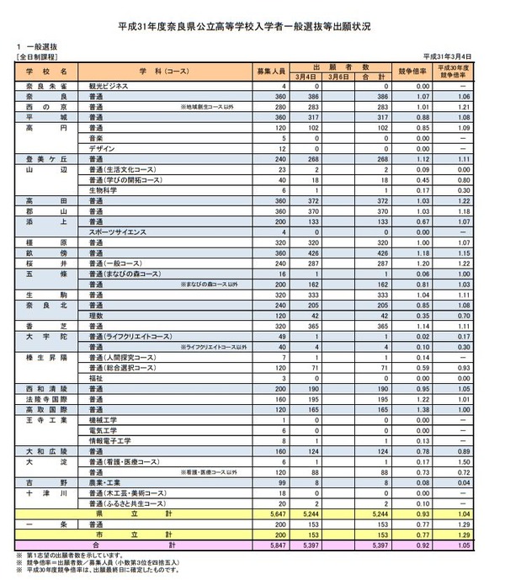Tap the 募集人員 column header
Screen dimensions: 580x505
[273, 71]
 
